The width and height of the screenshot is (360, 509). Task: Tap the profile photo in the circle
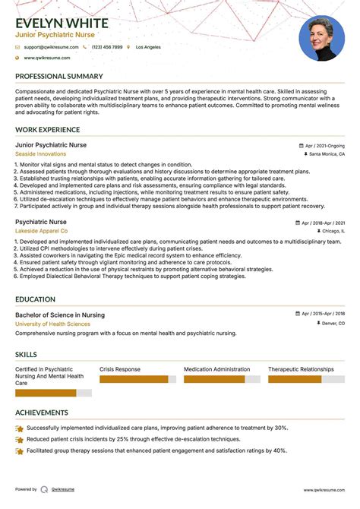coord(321,38)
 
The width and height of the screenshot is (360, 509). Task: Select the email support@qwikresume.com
coord(50,47)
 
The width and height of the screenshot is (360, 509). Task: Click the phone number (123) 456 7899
coord(107,47)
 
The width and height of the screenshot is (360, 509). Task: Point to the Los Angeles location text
coord(148,47)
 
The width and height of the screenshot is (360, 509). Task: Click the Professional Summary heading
coord(58,77)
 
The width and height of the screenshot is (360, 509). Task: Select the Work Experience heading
coord(47,130)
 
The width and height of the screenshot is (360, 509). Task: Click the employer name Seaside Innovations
coord(40,154)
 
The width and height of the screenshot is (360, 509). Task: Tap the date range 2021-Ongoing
coord(325,145)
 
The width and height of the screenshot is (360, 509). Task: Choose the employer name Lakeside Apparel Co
coord(41,231)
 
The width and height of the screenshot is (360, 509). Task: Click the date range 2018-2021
coord(324,223)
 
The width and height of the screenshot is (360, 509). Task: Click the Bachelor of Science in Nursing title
coord(60,315)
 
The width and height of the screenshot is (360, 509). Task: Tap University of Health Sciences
coord(52,324)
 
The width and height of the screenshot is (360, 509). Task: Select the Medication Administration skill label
coord(216,369)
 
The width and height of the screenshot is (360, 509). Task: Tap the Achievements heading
coord(42,413)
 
